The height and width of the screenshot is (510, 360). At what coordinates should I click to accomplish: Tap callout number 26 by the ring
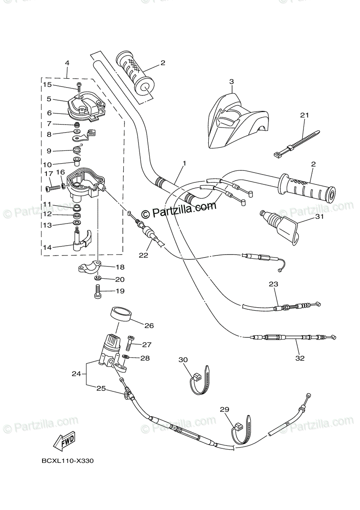click(149, 326)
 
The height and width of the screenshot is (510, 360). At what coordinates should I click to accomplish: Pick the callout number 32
click(300, 358)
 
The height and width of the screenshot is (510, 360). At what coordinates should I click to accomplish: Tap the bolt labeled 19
click(97, 292)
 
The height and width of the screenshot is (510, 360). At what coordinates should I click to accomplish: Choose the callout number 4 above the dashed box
click(67, 63)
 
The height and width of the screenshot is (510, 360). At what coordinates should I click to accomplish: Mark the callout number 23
click(273, 284)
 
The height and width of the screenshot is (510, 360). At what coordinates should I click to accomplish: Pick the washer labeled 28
click(127, 357)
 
